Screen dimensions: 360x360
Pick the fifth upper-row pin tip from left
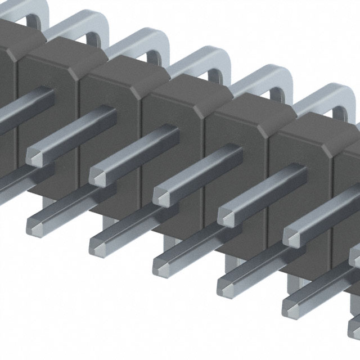(291, 235)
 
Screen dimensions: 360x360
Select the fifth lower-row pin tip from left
(291, 304)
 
